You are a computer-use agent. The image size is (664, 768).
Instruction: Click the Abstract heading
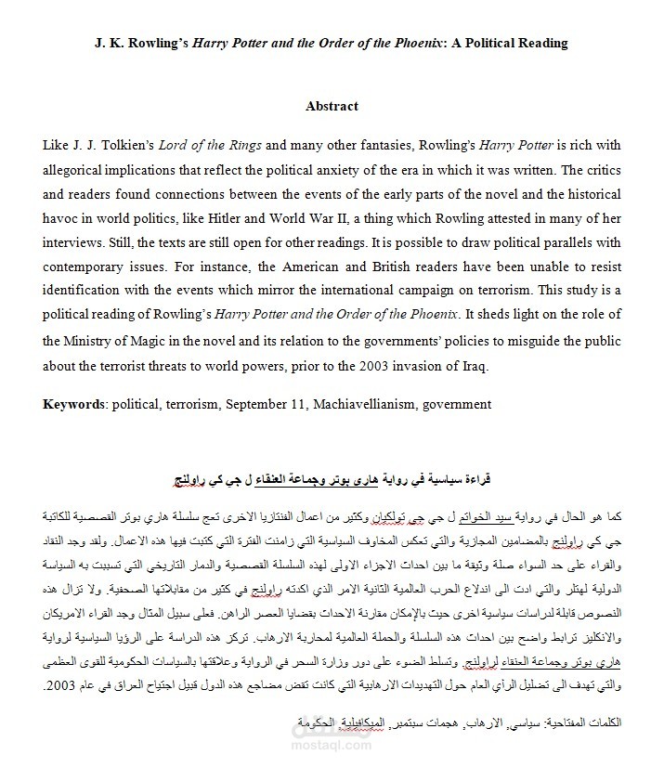332,106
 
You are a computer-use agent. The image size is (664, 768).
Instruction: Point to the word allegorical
79,171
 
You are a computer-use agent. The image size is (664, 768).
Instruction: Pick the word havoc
61,219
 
